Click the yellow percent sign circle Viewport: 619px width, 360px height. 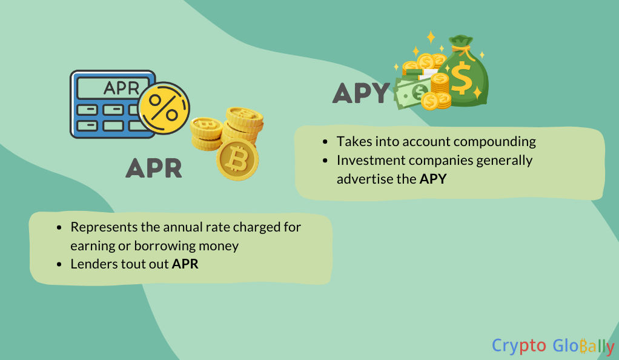164,108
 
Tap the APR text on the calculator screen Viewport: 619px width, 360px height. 122,88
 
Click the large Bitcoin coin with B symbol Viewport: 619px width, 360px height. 237,159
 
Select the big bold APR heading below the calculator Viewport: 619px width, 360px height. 154,168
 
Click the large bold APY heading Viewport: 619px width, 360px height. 361,93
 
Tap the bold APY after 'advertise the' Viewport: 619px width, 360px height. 433,179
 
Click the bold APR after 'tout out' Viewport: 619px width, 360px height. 185,264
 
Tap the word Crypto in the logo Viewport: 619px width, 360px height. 518,346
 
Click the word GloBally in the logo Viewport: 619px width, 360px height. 583,346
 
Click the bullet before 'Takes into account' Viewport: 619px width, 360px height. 325,141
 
